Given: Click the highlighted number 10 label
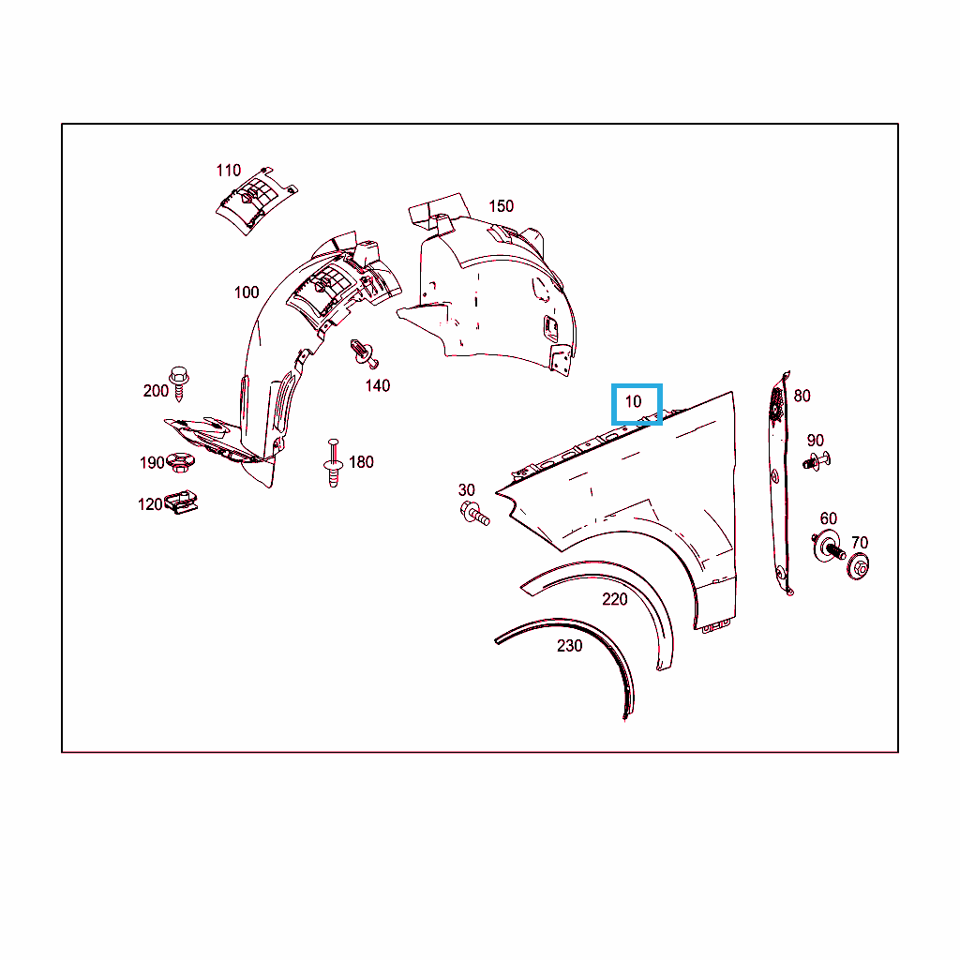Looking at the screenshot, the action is (x=633, y=401).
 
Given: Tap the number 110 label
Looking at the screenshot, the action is (x=229, y=171).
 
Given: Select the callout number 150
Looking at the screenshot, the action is (x=501, y=206).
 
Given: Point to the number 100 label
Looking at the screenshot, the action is (x=247, y=292).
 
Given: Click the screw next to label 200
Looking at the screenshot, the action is (x=179, y=382).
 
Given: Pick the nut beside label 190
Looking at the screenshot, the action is (x=181, y=462).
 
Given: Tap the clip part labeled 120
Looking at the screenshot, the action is (x=181, y=502).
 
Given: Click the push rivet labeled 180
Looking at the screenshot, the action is (x=333, y=463).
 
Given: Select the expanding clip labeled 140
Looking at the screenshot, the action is (x=364, y=353).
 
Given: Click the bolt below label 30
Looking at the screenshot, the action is (x=474, y=513).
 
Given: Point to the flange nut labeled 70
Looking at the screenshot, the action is (x=859, y=566).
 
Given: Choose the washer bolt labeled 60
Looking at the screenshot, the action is (x=829, y=547).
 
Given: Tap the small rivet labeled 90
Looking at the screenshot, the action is (x=817, y=460).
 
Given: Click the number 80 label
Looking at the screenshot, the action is (x=802, y=397).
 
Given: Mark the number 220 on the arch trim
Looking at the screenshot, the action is (x=615, y=599).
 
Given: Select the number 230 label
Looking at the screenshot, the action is (x=569, y=646).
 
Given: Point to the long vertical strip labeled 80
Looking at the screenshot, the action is (x=779, y=484).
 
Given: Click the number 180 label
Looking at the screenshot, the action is (x=361, y=462).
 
